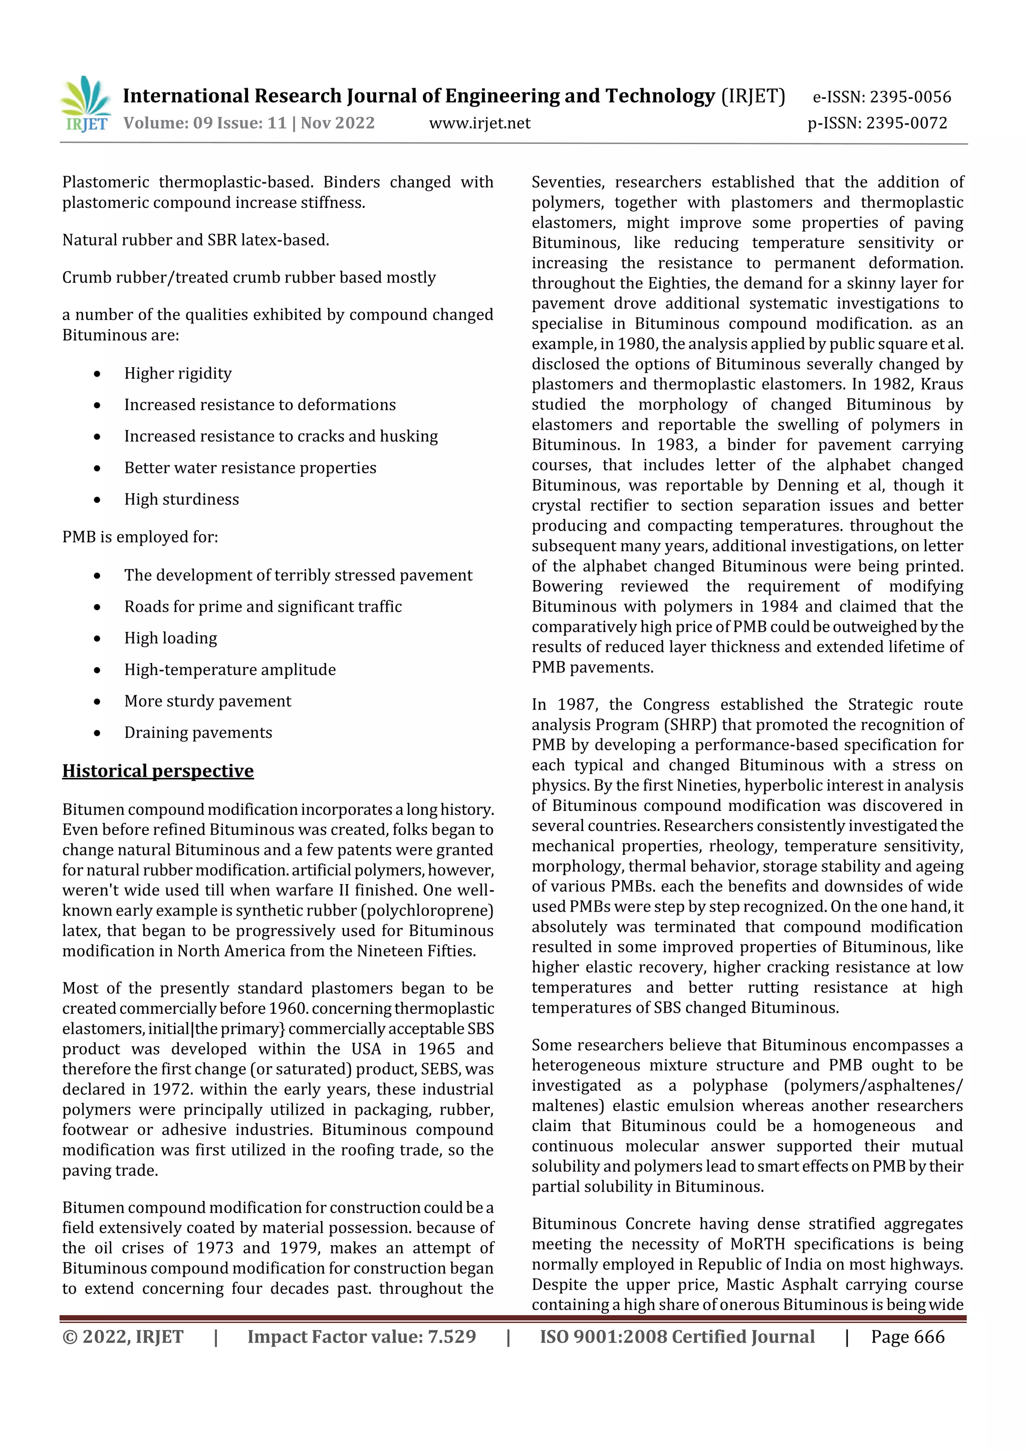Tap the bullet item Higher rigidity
click(x=178, y=374)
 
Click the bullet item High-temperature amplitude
click(x=229, y=669)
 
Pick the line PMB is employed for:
click(x=140, y=537)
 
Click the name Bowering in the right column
click(x=567, y=587)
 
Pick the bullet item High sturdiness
click(x=181, y=499)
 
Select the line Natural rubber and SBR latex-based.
click(x=195, y=240)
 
